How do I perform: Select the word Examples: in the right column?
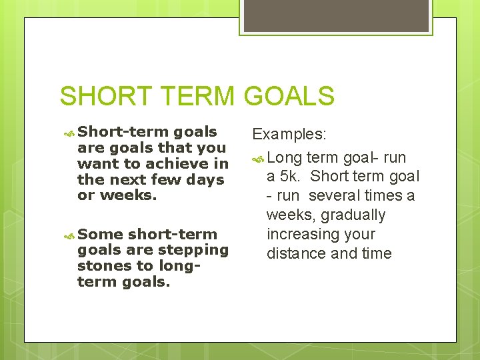click(289, 134)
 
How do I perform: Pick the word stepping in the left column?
click(198, 250)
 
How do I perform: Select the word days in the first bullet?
click(205, 180)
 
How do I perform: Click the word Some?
click(101, 235)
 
